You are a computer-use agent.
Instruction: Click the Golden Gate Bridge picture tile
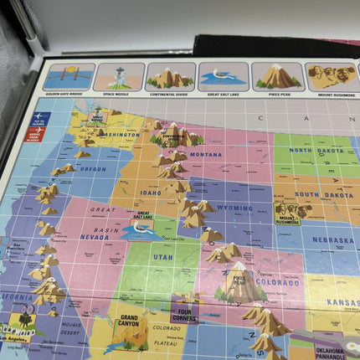click(x=68, y=77)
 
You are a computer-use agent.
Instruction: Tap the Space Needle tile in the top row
click(x=118, y=77)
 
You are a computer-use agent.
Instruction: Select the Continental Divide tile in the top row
click(x=170, y=77)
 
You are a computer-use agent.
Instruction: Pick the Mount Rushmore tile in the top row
click(x=332, y=78)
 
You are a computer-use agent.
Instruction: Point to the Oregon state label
click(x=92, y=169)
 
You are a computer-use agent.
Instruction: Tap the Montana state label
click(x=205, y=155)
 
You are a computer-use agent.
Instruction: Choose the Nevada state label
click(x=94, y=237)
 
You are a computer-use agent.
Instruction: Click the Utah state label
click(x=162, y=257)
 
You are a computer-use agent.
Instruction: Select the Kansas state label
click(x=343, y=301)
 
